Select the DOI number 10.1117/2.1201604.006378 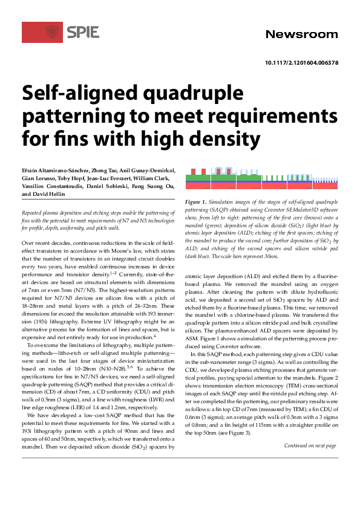coord(301,63)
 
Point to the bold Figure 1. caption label coord(196,201)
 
